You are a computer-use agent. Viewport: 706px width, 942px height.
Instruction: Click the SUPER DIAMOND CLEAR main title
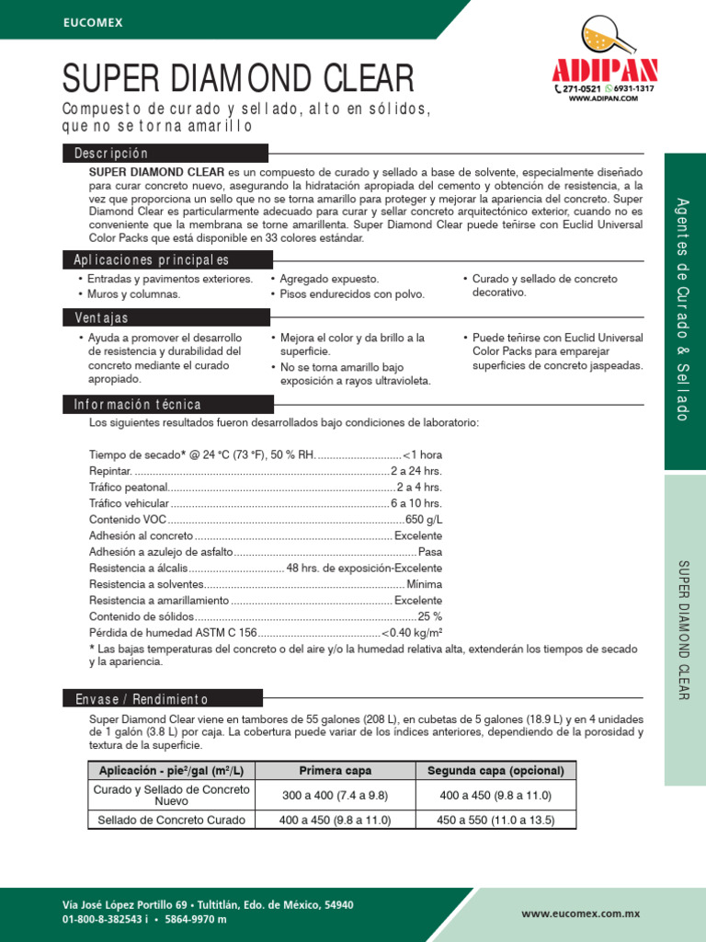pos(237,80)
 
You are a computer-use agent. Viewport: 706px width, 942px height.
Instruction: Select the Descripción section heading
pos(111,154)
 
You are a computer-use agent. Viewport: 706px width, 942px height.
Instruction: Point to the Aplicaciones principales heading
pos(152,260)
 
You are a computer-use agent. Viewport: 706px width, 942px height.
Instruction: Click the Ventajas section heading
pos(101,318)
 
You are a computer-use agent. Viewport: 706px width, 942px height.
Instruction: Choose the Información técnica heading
pos(138,405)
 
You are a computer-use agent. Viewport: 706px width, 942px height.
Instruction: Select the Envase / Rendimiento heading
pos(142,700)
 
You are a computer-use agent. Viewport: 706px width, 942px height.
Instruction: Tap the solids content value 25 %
pos(429,616)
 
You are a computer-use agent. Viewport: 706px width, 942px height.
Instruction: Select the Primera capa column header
pos(335,771)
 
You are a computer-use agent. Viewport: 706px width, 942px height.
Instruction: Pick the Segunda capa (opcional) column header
pos(495,771)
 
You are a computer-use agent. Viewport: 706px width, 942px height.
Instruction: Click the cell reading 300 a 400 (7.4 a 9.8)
pos(335,795)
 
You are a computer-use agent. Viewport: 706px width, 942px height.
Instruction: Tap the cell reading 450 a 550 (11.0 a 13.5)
pos(495,820)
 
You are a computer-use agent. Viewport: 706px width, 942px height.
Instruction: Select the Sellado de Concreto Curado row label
pos(172,820)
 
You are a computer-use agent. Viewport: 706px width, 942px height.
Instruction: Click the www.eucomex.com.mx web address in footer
pos(580,913)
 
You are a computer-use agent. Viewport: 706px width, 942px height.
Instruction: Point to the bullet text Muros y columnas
pos(133,294)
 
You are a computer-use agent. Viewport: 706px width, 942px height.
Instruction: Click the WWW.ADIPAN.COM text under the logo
pos(604,98)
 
